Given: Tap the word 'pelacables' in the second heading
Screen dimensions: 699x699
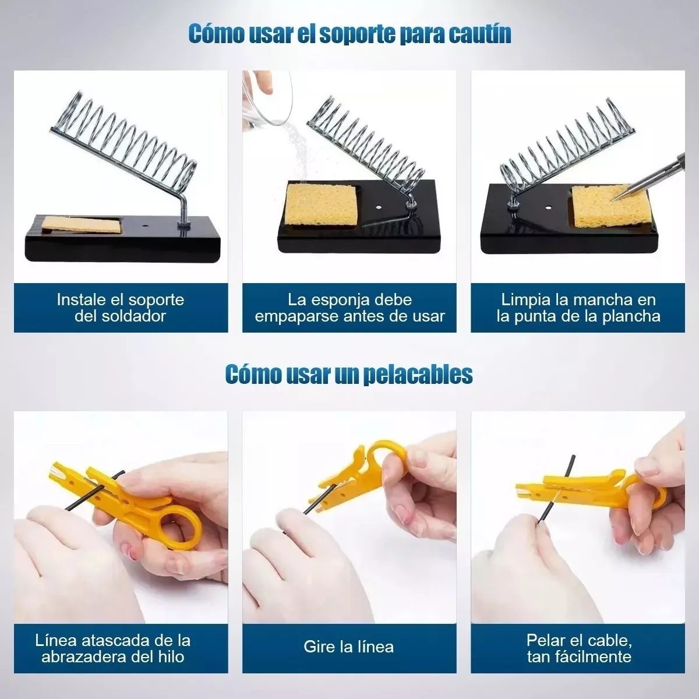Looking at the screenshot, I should (418, 375).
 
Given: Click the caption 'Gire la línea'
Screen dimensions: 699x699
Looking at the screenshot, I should (348, 647).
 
